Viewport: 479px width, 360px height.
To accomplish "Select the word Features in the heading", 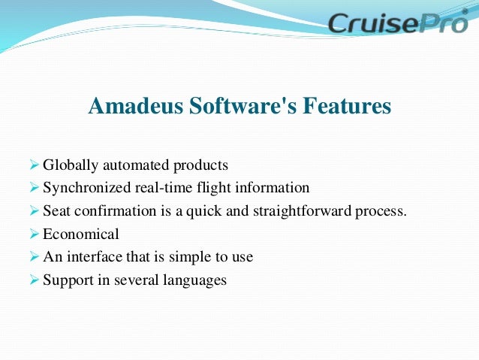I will coord(347,107).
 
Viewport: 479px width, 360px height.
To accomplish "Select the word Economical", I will coord(80,234).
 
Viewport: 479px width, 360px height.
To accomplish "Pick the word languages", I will coord(194,280).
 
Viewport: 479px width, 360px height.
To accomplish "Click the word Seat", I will coord(56,211).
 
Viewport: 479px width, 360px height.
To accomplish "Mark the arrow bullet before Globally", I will coord(33,165).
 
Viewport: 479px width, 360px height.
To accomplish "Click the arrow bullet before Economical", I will coord(33,234).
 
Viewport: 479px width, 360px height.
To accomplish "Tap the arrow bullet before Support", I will coord(33,280).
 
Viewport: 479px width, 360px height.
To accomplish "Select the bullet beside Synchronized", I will coord(33,188).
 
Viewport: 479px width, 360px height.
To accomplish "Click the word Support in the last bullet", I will coord(67,280).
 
